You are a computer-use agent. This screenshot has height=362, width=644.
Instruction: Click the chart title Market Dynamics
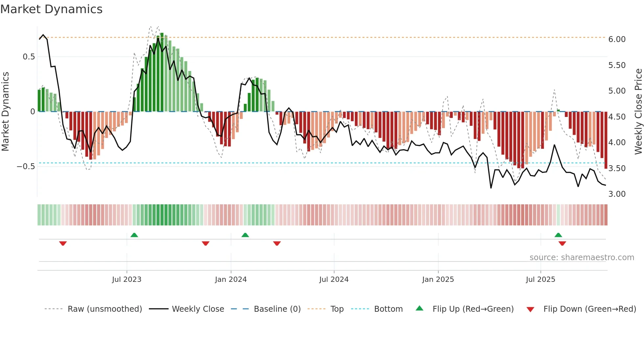pos(52,9)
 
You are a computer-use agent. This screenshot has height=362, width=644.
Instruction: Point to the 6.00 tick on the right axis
pos(617,39)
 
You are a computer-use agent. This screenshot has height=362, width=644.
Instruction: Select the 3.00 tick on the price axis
pos(617,194)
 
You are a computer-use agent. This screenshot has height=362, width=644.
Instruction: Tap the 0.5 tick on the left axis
pos(29,57)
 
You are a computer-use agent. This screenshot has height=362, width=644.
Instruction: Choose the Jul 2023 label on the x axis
pos(126,280)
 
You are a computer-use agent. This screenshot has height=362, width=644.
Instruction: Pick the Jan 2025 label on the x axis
pos(438,280)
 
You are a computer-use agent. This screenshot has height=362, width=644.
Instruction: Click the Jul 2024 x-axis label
pos(333,280)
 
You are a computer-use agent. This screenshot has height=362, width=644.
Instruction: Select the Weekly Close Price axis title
pos(638,112)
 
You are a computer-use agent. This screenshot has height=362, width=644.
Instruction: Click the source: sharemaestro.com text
pos(582,258)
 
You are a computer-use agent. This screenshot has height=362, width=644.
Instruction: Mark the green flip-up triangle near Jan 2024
pos(245,235)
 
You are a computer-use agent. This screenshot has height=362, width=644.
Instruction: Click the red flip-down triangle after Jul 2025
pos(562,243)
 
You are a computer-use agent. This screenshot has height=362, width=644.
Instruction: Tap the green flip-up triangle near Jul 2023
pos(134,235)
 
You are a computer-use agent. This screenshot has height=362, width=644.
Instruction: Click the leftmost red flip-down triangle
pos(63,243)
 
